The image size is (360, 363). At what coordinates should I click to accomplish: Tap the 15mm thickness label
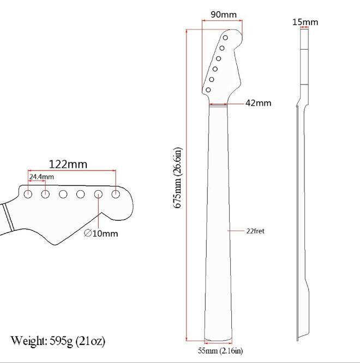305,22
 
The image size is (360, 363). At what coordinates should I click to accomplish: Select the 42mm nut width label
259,103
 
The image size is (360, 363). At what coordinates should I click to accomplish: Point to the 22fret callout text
255,231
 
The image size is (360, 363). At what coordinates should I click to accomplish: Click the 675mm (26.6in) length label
178,178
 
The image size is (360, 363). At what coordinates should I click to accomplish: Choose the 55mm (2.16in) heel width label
220,350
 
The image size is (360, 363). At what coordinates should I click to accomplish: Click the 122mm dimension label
68,165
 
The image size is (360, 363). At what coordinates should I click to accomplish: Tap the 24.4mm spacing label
41,177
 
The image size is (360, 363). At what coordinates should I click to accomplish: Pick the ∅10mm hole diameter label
101,233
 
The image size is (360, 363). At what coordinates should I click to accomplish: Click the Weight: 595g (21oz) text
58,341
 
